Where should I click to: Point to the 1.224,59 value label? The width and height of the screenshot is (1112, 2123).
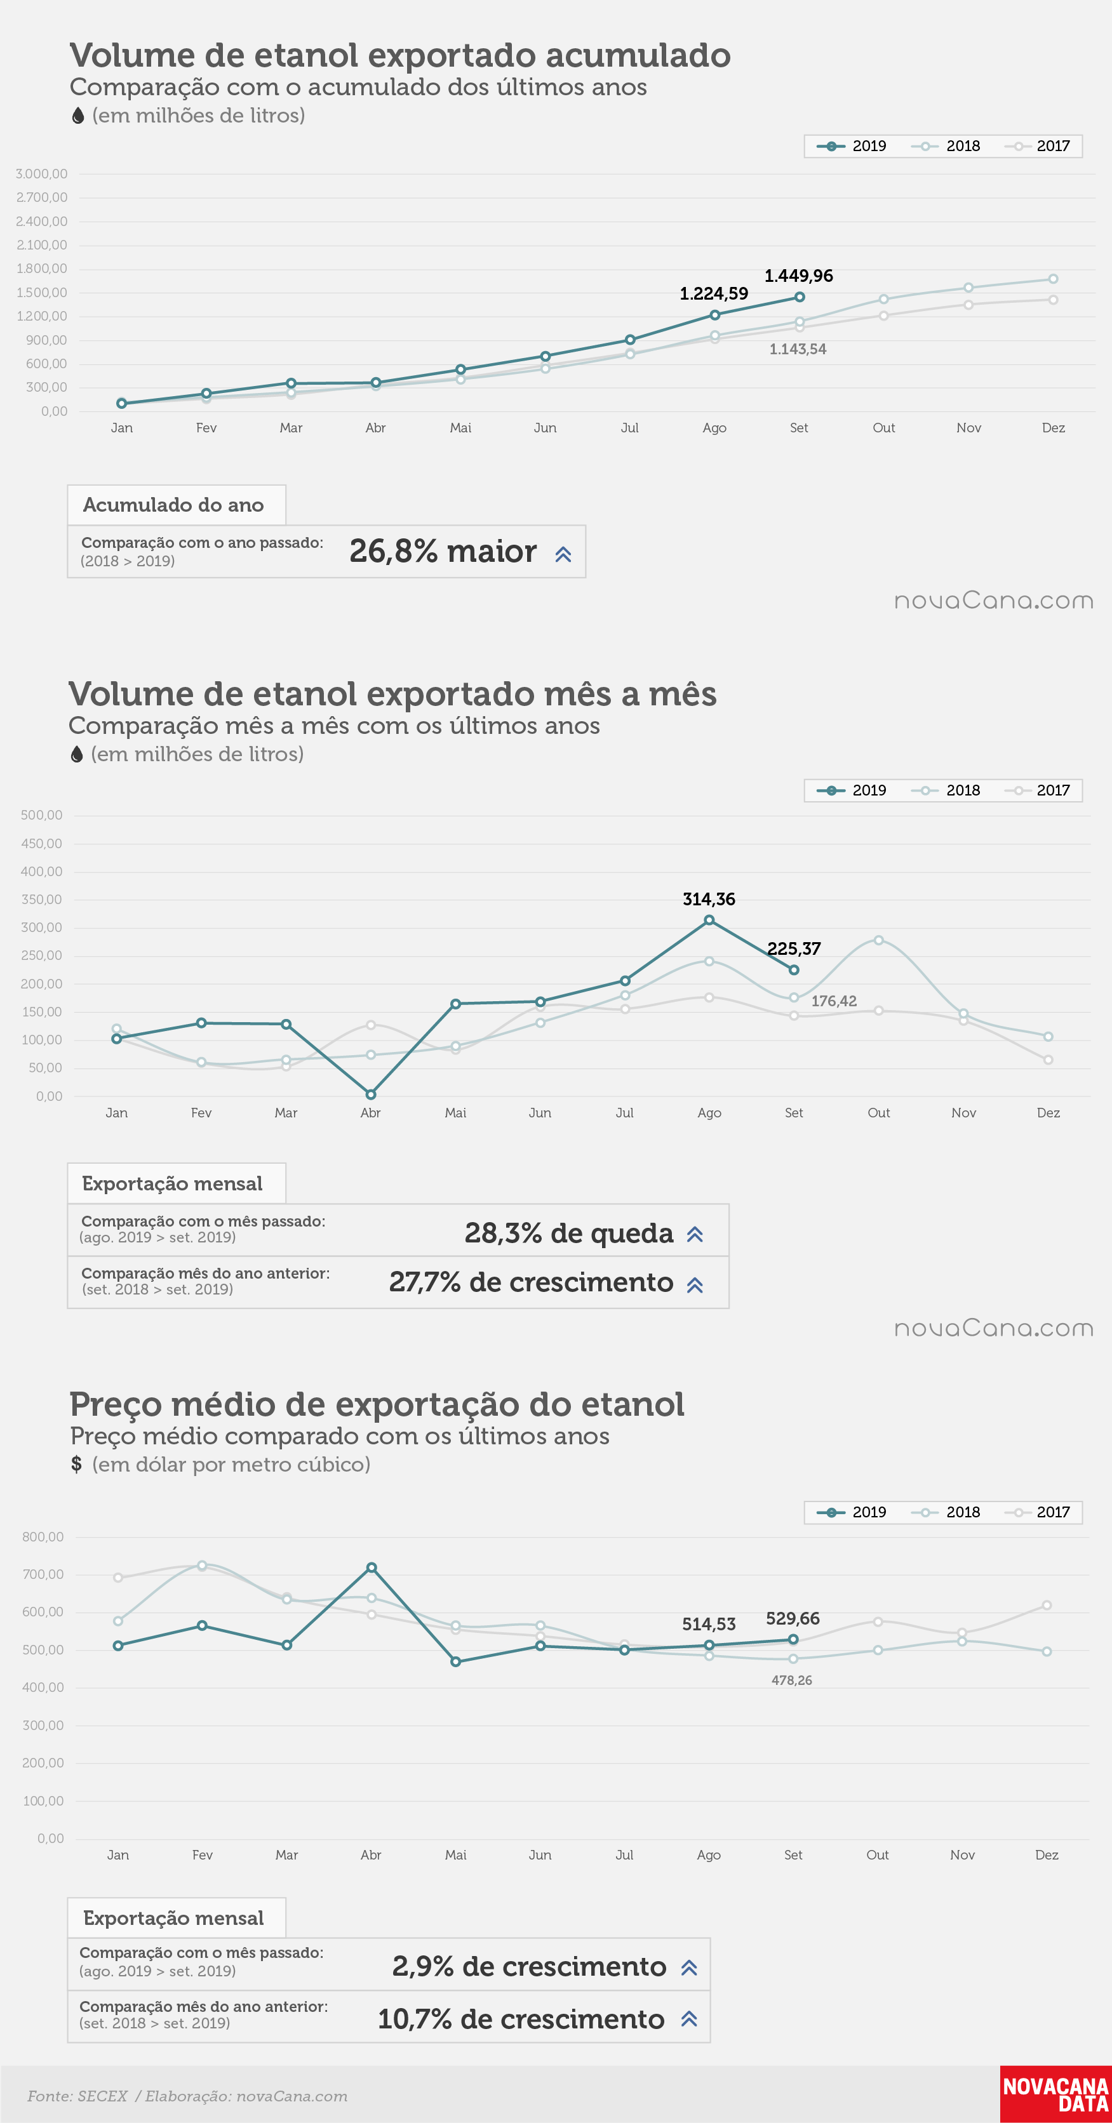pos(714,293)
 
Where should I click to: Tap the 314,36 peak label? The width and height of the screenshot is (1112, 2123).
pos(709,899)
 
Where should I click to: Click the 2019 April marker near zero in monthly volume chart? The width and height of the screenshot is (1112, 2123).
pos(371,1095)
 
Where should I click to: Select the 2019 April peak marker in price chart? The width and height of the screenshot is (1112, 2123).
pos(372,1567)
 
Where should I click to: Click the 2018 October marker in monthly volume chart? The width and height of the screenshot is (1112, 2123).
pos(879,940)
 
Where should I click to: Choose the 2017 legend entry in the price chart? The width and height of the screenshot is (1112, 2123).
pos(1037,1512)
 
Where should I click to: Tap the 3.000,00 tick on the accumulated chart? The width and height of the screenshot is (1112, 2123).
pos(41,174)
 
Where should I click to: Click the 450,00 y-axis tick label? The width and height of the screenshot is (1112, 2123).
pos(42,843)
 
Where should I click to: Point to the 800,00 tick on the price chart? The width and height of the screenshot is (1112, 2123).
pos(43,1536)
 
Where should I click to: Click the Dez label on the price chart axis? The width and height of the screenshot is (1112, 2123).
pos(1047,1854)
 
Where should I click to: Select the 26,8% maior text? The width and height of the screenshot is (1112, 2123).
pos(443,551)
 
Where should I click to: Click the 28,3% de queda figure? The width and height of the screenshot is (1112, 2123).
pos(569,1233)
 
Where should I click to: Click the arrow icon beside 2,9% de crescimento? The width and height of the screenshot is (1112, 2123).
pos(690,1967)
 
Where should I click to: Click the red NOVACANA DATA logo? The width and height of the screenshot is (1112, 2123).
pos(1056,2094)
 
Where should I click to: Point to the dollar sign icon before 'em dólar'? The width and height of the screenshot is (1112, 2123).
pos(77,1463)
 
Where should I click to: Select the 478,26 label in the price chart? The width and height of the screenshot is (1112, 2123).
pos(791,1680)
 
